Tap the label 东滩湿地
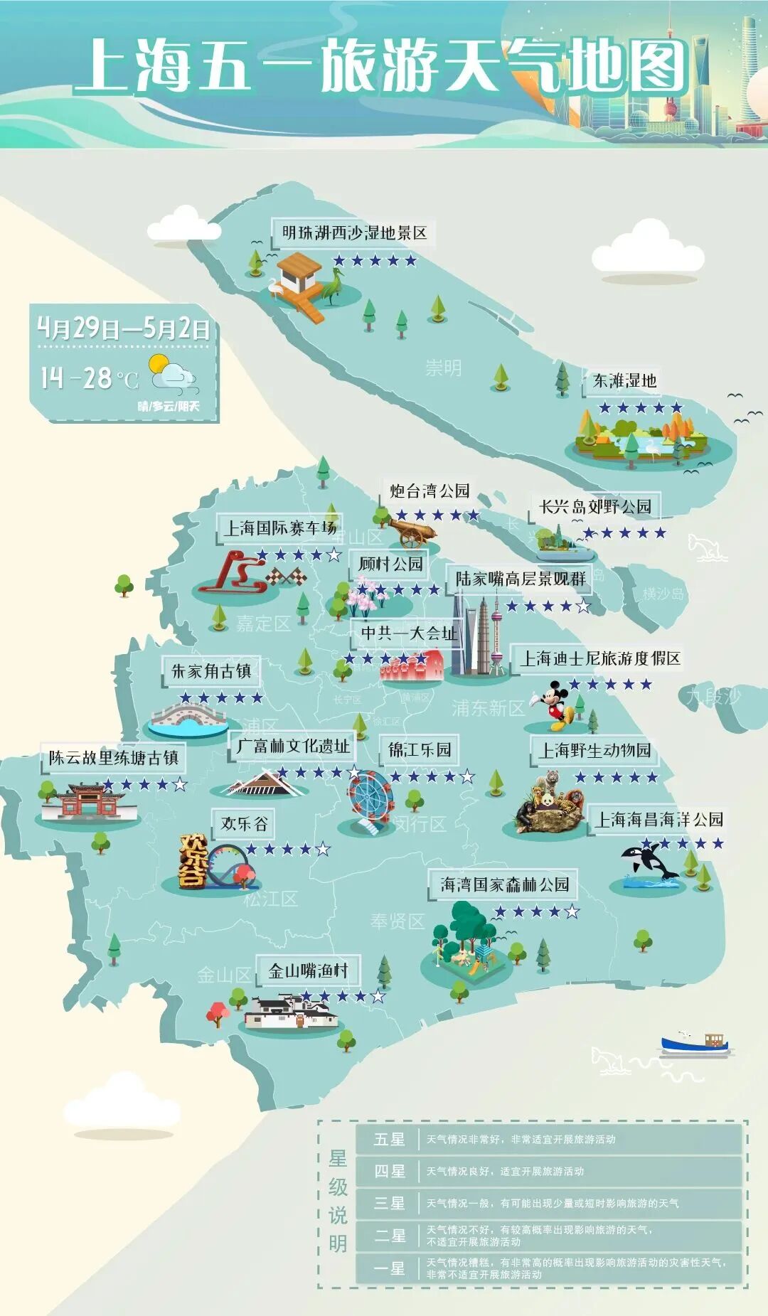(624, 381)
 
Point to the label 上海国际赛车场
(280, 528)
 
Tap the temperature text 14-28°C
(89, 378)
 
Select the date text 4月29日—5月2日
(124, 328)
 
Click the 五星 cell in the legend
(390, 1139)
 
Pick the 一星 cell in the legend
(390, 1268)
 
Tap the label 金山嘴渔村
(309, 970)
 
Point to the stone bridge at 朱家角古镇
(186, 719)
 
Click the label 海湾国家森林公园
(504, 884)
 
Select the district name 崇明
(443, 368)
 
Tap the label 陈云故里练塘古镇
(114, 758)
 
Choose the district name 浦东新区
(488, 707)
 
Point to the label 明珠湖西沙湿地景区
(354, 233)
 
